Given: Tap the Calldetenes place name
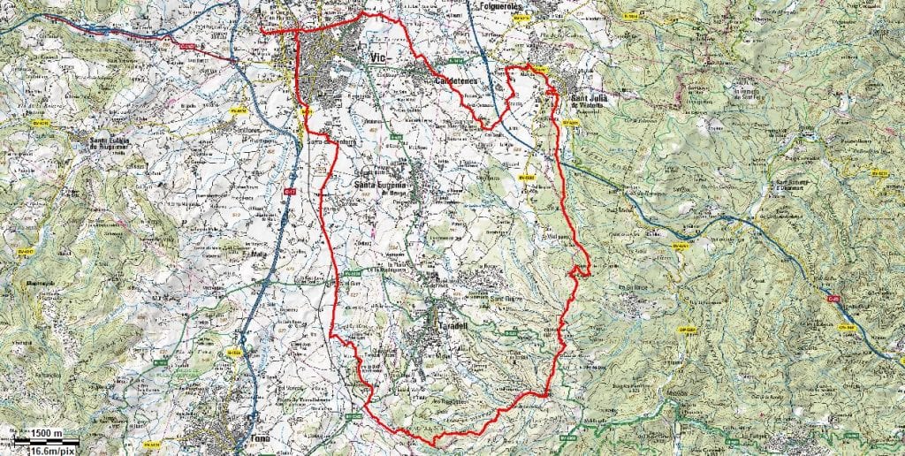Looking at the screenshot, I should click(456, 81).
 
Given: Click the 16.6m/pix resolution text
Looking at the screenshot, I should click(50, 450).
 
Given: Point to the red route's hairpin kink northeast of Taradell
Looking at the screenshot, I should click(583, 270).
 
